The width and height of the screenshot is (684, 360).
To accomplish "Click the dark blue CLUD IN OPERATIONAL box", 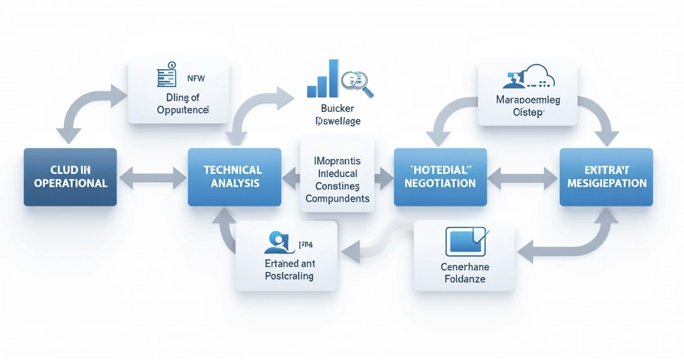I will pos(70,177).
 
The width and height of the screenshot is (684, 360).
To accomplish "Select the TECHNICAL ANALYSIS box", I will pos(234,177).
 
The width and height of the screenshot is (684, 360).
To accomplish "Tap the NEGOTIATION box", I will pos(440,177).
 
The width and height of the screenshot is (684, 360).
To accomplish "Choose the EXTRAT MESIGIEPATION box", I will pos(606,177).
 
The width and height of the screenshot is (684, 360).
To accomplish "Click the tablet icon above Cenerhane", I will pos(464,241).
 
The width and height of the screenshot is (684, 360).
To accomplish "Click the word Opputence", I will pos(183,110).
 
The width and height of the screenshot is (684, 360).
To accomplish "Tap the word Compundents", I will pos(337,198).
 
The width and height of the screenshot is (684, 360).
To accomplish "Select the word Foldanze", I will pos(464,278).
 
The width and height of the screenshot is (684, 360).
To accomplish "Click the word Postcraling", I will pos(289,276).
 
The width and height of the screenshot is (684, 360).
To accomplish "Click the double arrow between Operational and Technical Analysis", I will pos(152,177).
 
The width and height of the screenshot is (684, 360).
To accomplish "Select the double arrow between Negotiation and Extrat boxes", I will pos(523,177).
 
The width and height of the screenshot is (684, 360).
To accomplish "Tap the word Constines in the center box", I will pos(337,186).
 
